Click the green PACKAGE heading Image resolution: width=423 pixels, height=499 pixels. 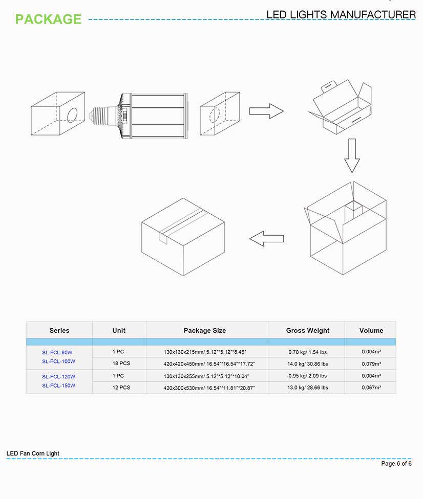pyautogui.click(x=48, y=19)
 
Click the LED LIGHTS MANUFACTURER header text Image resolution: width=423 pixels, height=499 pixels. pyautogui.click(x=341, y=15)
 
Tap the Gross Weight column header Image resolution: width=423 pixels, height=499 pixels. pyautogui.click(x=307, y=330)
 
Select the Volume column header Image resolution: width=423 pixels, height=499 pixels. pyautogui.click(x=371, y=330)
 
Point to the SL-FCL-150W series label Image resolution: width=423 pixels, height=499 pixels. pyautogui.click(x=58, y=385)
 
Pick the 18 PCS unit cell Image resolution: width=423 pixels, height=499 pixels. pyautogui.click(x=121, y=364)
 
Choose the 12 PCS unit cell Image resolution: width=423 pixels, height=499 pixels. pyautogui.click(x=121, y=388)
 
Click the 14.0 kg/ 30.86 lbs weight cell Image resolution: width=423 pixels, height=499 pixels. pyautogui.click(x=307, y=364)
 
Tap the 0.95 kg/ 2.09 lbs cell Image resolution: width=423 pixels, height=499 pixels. pyautogui.click(x=307, y=376)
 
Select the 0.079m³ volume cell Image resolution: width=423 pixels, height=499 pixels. pyautogui.click(x=370, y=364)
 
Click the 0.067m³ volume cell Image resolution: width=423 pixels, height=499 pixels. pyautogui.click(x=370, y=388)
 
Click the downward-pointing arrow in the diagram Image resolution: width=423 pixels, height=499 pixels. pyautogui.click(x=352, y=156)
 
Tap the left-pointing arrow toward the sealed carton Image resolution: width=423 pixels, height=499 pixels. pyautogui.click(x=266, y=238)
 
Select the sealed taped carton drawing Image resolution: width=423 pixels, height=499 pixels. pyautogui.click(x=183, y=237)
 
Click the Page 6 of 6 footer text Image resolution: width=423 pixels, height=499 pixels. pyautogui.click(x=396, y=464)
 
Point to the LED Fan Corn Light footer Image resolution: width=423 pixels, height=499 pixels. pyautogui.click(x=33, y=453)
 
